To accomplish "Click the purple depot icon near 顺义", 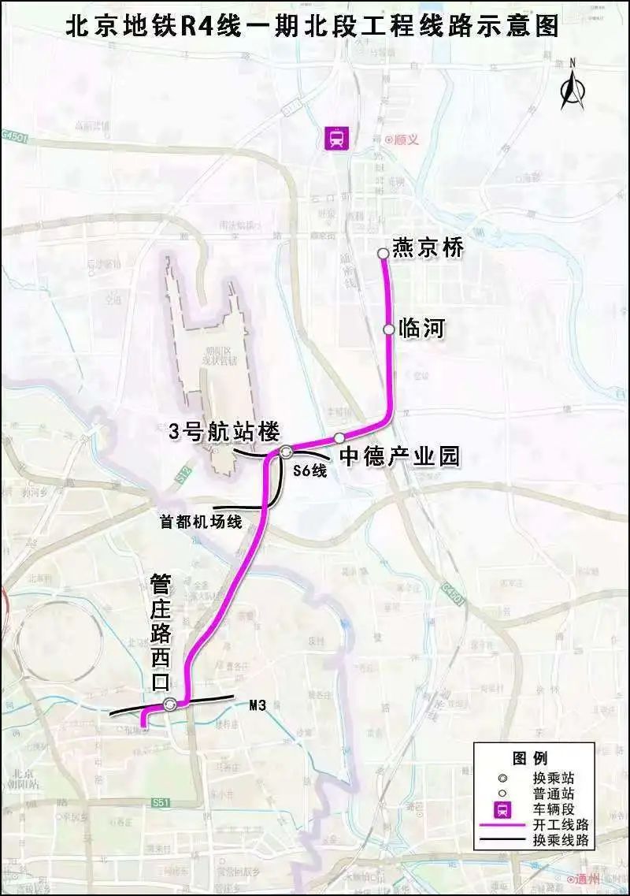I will (338, 139).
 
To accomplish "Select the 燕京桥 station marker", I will (383, 253).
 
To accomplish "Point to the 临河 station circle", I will (389, 329).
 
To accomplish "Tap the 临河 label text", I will (422, 328).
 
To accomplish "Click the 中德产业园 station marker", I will (339, 437).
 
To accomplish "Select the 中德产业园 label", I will (399, 456).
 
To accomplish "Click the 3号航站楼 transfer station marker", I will (286, 452).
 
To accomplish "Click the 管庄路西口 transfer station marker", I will (170, 705).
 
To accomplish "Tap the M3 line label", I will (257, 706).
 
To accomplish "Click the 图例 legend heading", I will (529, 759).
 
